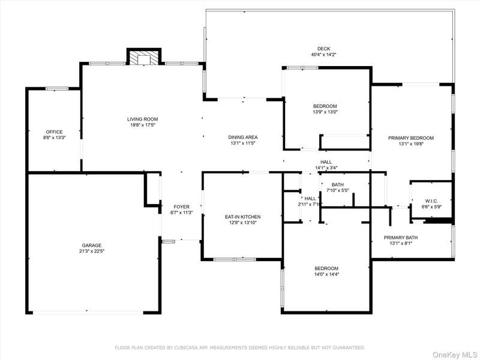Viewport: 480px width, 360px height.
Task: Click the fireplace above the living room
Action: [144, 56]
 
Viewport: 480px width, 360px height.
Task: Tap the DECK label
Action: [323, 49]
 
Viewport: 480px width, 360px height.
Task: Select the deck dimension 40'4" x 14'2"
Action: [323, 55]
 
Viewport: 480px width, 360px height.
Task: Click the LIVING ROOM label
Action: [143, 119]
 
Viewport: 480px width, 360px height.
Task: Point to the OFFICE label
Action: [54, 132]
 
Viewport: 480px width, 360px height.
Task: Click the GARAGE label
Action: [92, 245]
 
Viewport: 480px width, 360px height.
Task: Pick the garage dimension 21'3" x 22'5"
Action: [92, 251]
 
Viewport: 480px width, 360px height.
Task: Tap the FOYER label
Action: [182, 206]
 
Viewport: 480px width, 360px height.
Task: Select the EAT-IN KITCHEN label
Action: [243, 217]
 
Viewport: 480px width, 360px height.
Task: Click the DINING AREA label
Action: [243, 137]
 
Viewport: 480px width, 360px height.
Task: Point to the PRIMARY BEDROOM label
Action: [411, 138]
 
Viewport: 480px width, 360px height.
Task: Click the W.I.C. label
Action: [431, 201]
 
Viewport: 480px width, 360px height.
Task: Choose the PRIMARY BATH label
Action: [401, 238]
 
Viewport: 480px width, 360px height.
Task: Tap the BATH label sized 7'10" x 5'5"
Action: [338, 185]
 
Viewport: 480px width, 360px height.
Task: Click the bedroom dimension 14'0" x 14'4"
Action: [326, 274]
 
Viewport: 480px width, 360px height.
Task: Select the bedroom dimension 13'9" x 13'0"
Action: [325, 112]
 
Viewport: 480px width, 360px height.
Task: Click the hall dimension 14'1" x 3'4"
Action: [326, 168]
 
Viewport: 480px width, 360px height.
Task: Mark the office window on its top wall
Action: [57, 89]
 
